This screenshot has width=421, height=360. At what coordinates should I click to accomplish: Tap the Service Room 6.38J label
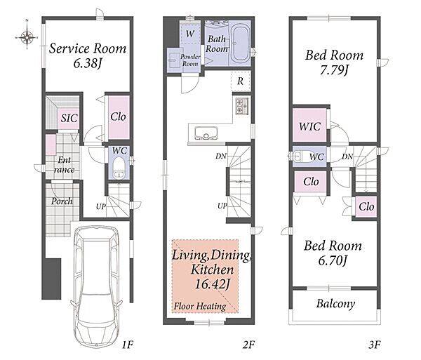click(x=88, y=55)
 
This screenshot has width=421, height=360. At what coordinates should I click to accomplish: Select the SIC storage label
click(x=69, y=118)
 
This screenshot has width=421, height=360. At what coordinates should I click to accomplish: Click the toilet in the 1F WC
click(x=119, y=168)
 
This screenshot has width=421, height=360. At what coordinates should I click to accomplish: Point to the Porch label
click(x=62, y=201)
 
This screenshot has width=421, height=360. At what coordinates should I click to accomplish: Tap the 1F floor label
click(x=128, y=345)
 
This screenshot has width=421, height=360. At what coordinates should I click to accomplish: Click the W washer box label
click(x=190, y=34)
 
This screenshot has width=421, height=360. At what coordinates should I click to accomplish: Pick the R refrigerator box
click(x=241, y=81)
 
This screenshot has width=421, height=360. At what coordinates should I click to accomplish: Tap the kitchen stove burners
click(x=242, y=106)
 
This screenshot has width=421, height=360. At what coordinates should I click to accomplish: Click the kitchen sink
click(x=206, y=133)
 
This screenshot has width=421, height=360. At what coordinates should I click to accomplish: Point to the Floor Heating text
click(x=200, y=306)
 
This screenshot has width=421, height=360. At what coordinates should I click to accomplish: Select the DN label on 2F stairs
click(x=221, y=156)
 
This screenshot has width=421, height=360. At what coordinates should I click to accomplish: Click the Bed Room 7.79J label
click(x=334, y=62)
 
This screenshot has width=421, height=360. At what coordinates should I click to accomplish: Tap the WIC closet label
click(x=310, y=126)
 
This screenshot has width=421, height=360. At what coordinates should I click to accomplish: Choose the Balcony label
click(x=335, y=304)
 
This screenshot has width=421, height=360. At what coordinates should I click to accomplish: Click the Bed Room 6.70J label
click(x=333, y=253)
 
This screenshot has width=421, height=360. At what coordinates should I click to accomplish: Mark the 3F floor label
click(x=375, y=345)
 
